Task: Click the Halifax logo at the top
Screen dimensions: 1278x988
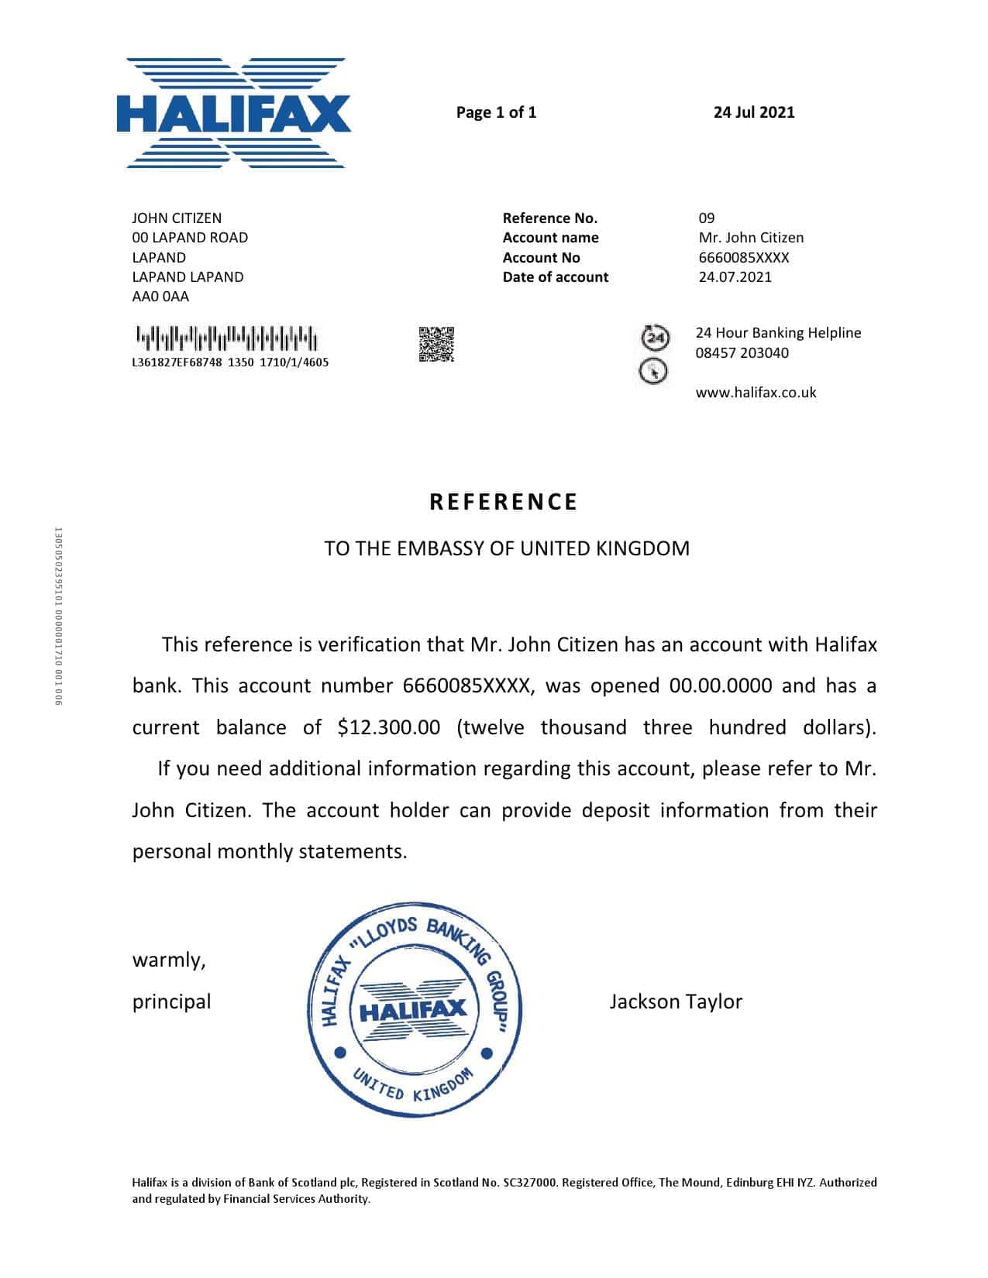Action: [x=235, y=113]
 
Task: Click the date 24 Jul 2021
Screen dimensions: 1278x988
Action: [x=753, y=112]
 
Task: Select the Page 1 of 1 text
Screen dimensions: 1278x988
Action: [x=496, y=112]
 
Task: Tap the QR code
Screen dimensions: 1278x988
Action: [x=436, y=345]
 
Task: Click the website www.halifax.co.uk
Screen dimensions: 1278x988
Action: [x=756, y=393]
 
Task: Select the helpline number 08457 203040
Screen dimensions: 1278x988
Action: [x=742, y=353]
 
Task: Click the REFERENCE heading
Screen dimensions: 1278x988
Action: [x=504, y=502]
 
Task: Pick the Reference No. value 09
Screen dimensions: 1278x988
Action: [x=707, y=218]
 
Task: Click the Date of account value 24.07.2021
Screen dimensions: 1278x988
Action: [x=735, y=277]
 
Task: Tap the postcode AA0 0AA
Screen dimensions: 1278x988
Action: [x=160, y=297]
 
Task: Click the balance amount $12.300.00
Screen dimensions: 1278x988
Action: [x=389, y=727]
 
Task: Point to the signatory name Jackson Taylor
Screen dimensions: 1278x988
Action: [x=676, y=1001]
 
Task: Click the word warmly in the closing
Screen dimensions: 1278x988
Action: [x=169, y=960]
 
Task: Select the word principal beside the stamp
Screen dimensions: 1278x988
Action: [x=171, y=1001]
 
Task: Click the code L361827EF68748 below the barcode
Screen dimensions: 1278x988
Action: [x=177, y=362]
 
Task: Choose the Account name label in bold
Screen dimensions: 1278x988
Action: [x=550, y=238]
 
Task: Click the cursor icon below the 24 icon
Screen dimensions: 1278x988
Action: [x=653, y=372]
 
